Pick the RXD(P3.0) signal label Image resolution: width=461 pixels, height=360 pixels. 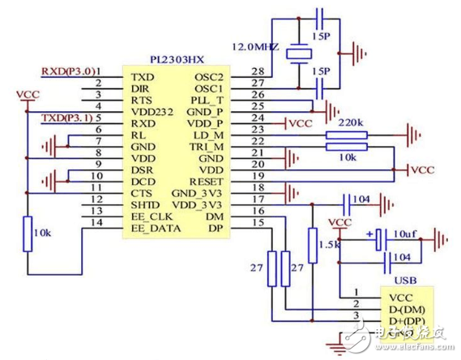[69, 71]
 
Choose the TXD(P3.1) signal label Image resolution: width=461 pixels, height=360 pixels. [69, 118]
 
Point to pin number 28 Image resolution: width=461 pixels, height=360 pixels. [257, 71]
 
